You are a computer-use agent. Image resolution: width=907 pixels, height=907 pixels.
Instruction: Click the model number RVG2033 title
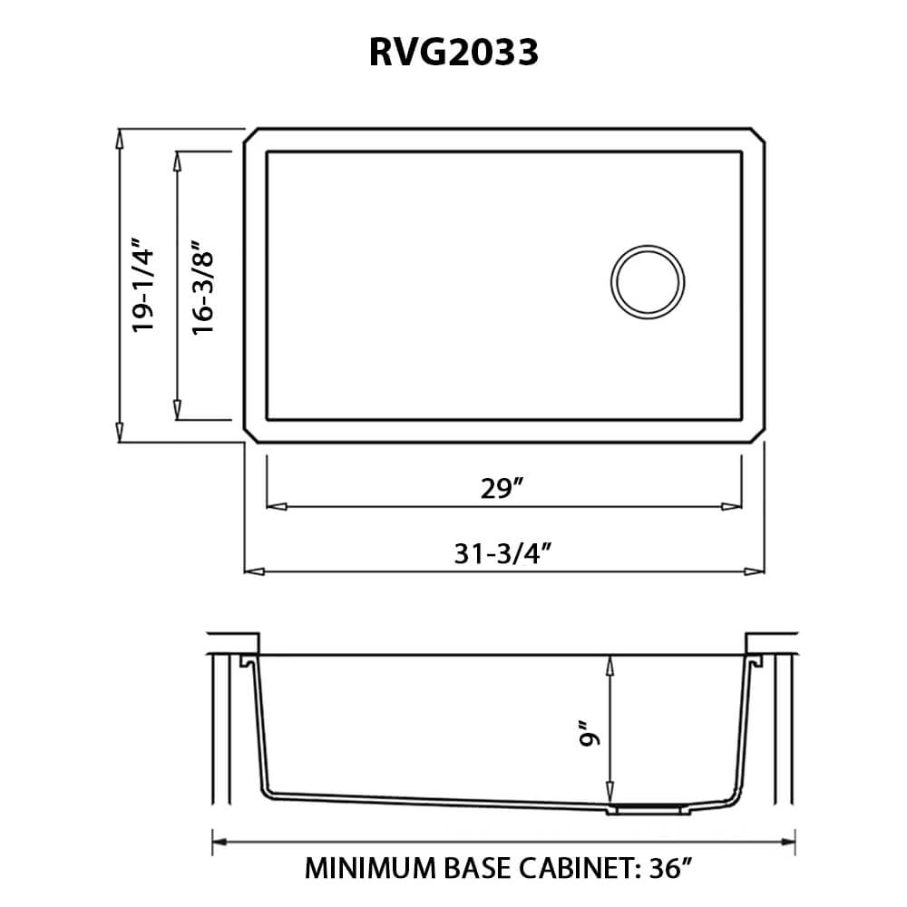tap(453, 53)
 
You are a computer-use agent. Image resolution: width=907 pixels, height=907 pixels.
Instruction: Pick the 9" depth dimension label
tap(591, 733)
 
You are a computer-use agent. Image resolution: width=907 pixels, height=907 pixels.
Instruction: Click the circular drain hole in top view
tap(648, 280)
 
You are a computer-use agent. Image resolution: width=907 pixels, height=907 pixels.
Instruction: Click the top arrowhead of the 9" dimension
tap(612, 665)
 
